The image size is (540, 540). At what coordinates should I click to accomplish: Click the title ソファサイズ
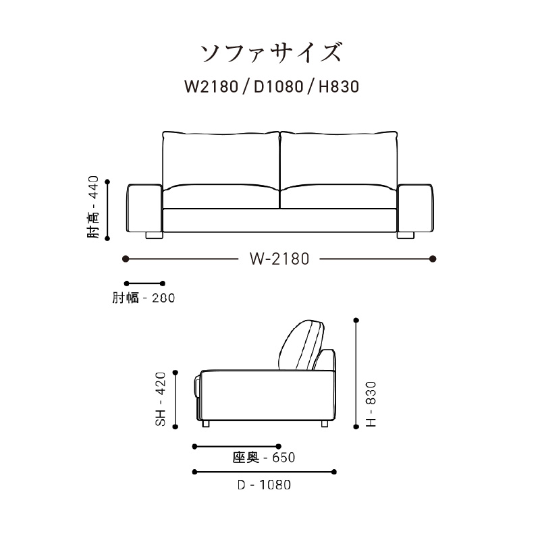(270, 51)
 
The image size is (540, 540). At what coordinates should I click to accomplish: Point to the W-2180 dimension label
(279, 259)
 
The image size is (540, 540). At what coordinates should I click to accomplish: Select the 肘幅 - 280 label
(143, 298)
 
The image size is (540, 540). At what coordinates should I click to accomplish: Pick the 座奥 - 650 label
(264, 458)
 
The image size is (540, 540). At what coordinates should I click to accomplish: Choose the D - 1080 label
(264, 485)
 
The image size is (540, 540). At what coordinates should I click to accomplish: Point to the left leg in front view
(153, 236)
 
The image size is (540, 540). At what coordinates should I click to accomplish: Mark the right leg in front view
(406, 236)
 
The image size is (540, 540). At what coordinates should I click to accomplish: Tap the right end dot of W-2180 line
(433, 259)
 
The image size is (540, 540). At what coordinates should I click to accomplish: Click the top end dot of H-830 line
(357, 321)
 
